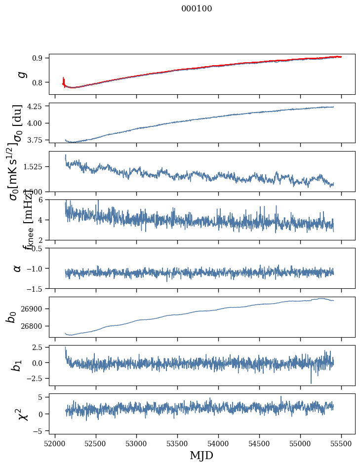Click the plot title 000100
[x=197, y=9]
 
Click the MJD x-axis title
[x=201, y=455]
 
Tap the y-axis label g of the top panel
[x=20, y=74]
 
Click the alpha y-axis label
[x=17, y=268]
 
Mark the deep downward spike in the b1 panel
[x=311, y=383]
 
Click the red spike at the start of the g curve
[x=64, y=80]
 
